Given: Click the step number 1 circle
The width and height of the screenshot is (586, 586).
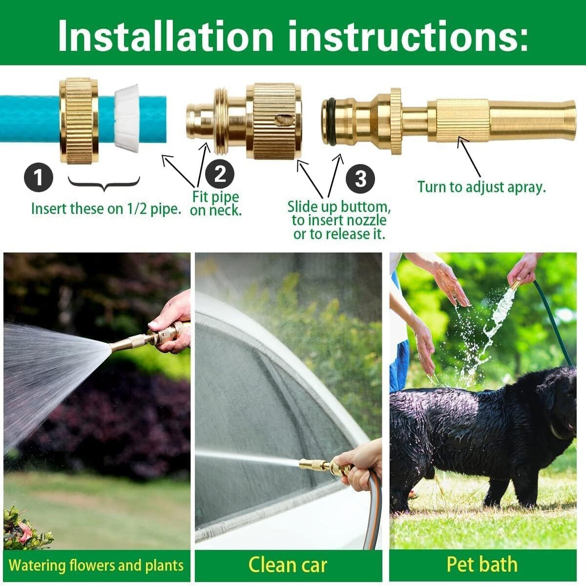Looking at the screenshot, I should tap(38, 177).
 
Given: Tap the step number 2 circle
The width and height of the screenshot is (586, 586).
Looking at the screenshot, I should tap(220, 174).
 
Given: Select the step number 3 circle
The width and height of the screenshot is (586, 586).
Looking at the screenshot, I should tap(360, 179).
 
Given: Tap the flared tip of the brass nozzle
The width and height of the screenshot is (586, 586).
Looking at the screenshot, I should tap(566, 120).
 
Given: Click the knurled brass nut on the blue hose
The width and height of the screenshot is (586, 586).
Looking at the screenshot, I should tap(79, 120).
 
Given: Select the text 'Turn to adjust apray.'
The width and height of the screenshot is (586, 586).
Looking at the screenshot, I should tap(481, 187).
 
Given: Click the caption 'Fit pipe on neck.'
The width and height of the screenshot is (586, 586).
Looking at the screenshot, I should tap(215, 204).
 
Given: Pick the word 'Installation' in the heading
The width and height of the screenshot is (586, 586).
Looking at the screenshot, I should tap(166, 36).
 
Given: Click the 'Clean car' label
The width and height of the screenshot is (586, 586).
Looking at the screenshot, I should tap(288, 565).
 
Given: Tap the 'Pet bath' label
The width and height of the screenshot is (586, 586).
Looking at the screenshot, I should tap(481, 565).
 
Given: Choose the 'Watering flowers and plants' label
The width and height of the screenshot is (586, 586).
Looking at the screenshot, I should tap(96, 565).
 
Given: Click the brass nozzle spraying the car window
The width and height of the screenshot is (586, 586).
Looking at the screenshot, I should tap(317, 465).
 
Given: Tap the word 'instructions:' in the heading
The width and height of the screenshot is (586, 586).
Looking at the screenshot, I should tap(408, 36).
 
